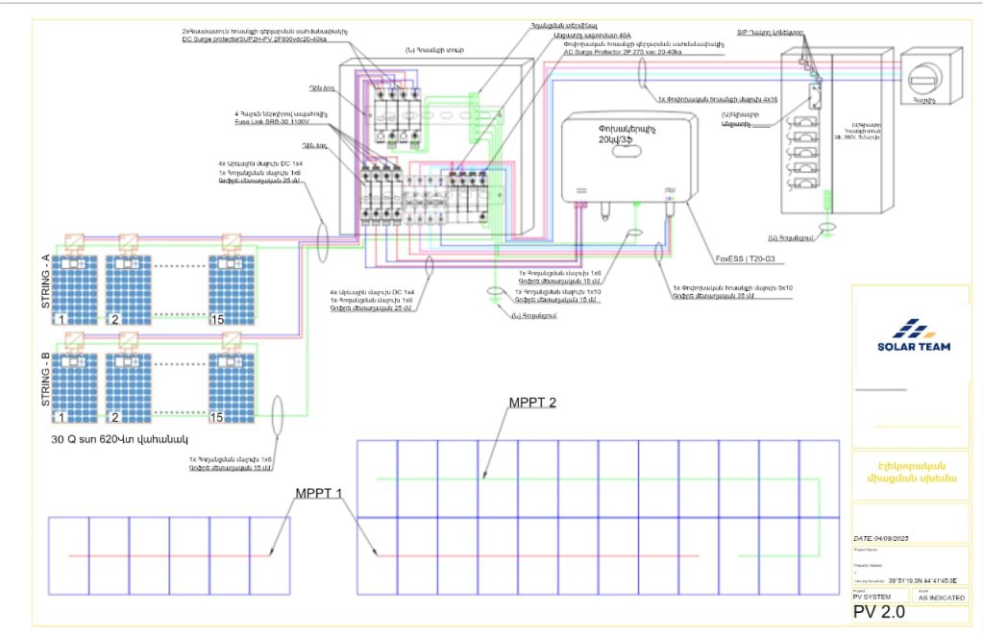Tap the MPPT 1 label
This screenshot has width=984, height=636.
(x=321, y=493)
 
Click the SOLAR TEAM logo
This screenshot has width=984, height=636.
(x=913, y=336)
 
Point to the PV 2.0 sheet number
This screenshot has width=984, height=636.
(x=878, y=613)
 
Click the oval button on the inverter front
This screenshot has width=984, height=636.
(x=634, y=232)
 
